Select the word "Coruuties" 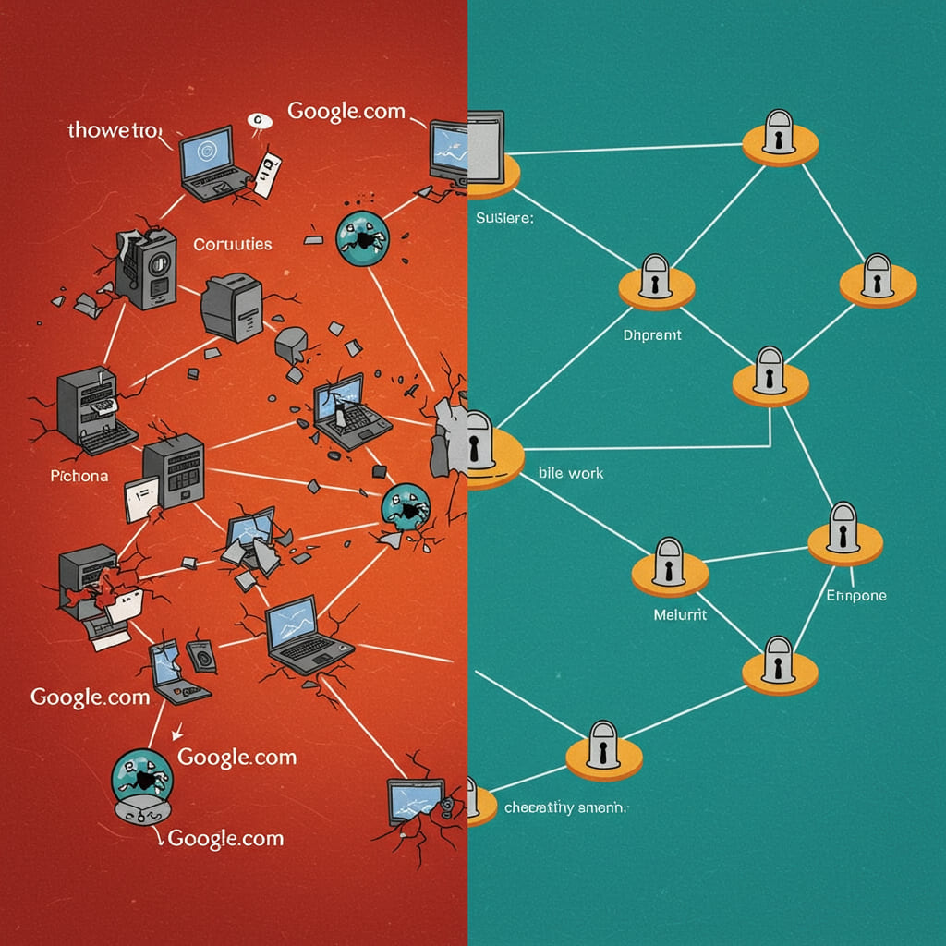coord(232,244)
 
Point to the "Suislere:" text coord(505,219)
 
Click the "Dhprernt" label coord(652,334)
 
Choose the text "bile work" coord(570,472)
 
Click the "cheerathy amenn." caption coord(565,807)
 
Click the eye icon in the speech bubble coord(257,119)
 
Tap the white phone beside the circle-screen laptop coord(265,171)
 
